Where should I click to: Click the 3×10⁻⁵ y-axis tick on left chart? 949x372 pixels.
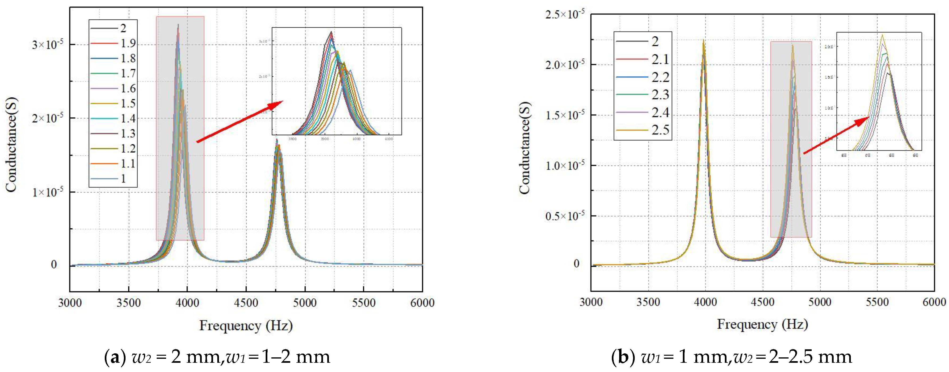click(47, 45)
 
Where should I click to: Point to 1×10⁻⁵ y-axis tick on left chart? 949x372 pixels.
click(47, 192)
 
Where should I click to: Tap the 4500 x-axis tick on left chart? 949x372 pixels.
click(246, 303)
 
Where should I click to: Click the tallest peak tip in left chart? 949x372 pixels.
click(178, 25)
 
